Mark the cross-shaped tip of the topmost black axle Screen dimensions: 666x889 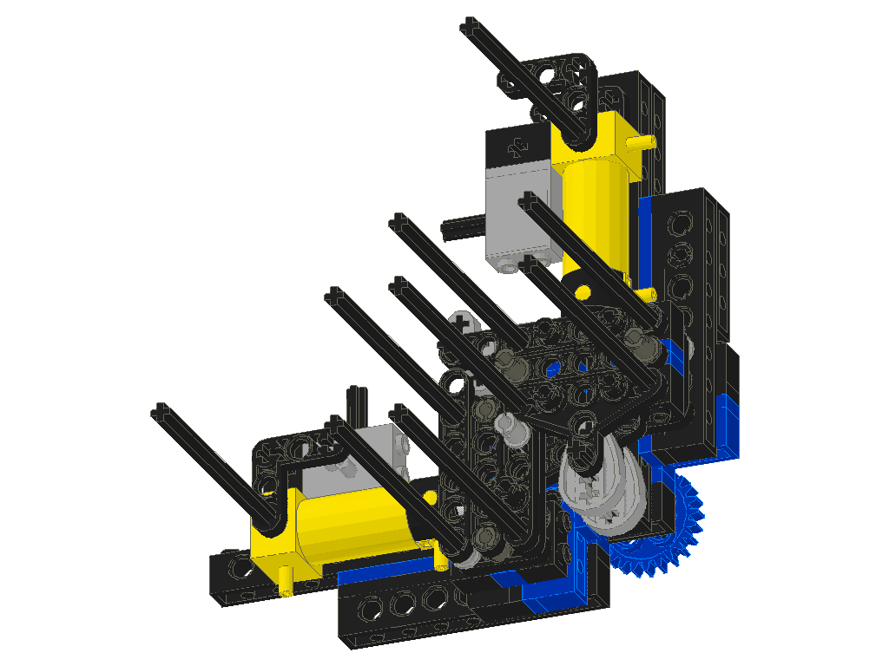(470, 23)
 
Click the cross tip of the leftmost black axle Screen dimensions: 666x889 (159, 410)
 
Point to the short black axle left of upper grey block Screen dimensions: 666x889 (460, 230)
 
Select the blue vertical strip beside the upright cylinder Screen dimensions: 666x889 (644, 243)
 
